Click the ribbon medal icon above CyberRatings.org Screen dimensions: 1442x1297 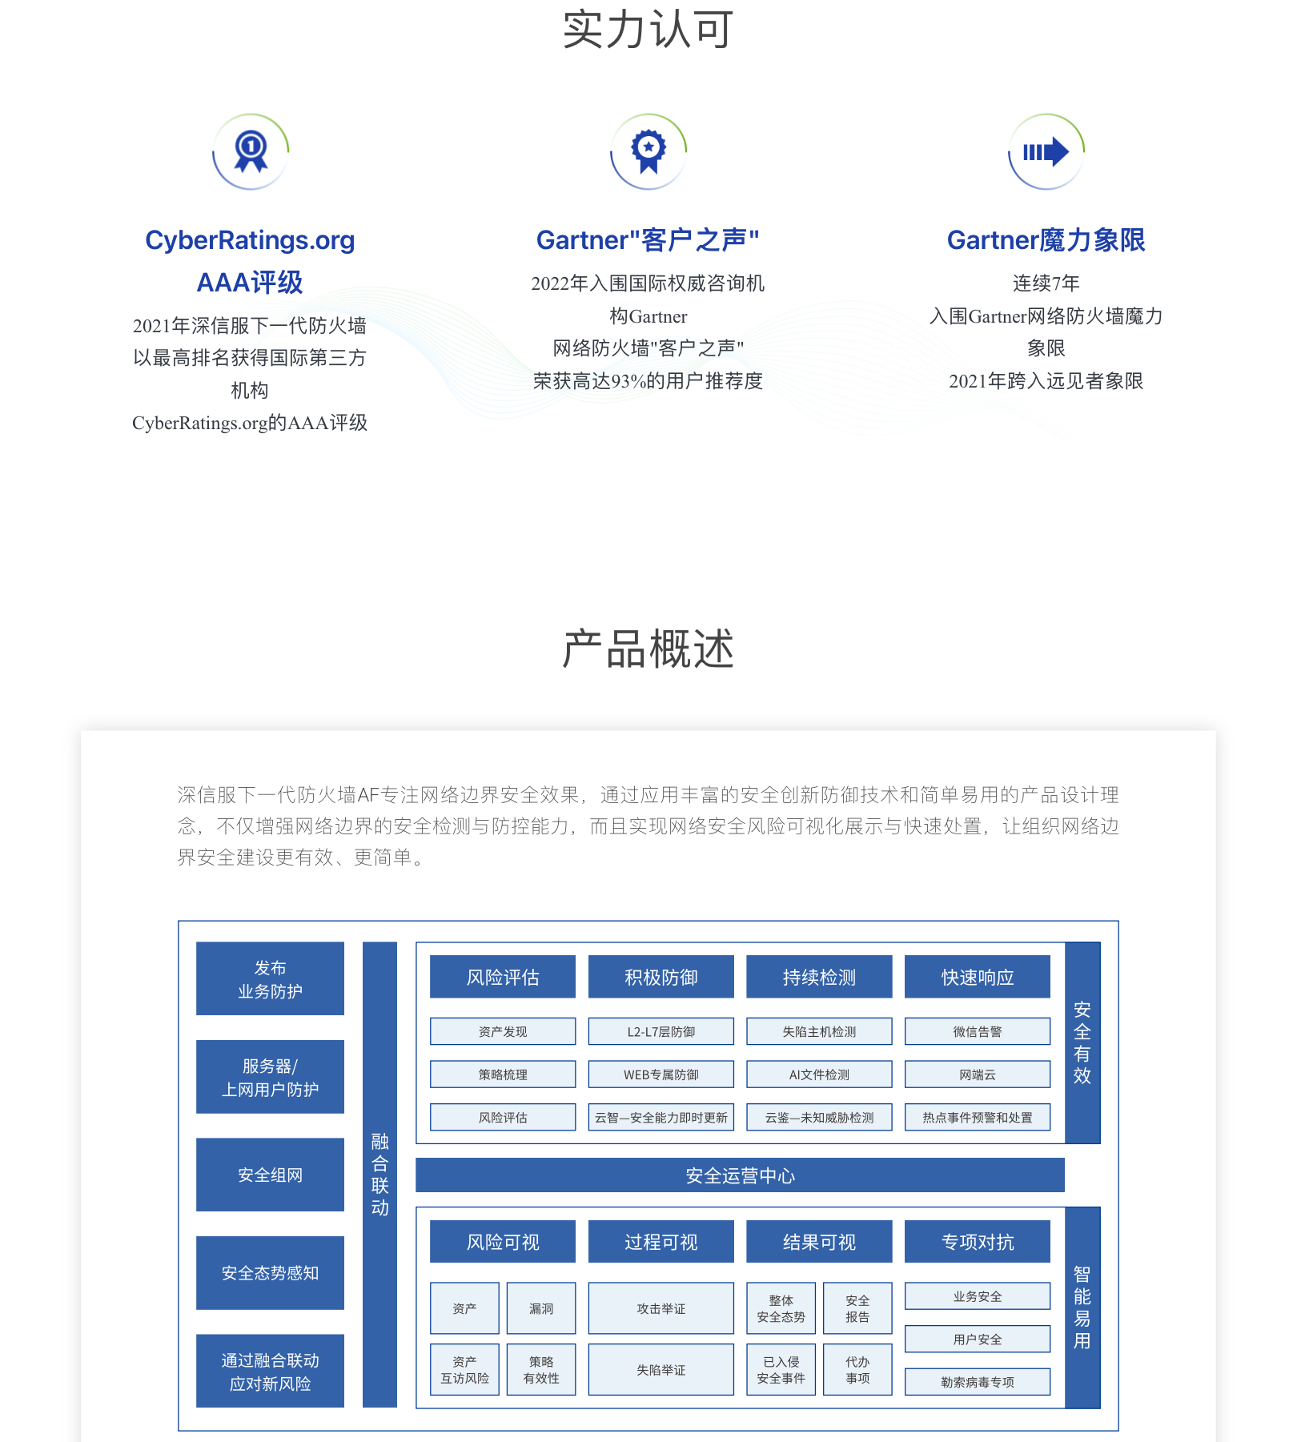(x=251, y=151)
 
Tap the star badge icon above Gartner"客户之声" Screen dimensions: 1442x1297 (x=648, y=151)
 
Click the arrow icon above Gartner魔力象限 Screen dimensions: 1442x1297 (x=1046, y=151)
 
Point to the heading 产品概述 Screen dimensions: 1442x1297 (x=648, y=649)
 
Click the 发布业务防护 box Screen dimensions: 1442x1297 (x=270, y=978)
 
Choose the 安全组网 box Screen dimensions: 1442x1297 (x=270, y=1175)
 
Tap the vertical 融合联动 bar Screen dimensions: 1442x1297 (x=379, y=1175)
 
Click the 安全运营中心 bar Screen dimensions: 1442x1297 (x=740, y=1175)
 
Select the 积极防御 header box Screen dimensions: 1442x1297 (x=661, y=977)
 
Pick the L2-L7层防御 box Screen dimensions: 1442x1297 (x=661, y=1031)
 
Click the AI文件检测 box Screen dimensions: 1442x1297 (x=819, y=1074)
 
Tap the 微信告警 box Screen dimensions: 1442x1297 (x=977, y=1031)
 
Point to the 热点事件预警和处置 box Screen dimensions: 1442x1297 (x=977, y=1117)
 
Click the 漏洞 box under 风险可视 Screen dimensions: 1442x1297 (x=541, y=1308)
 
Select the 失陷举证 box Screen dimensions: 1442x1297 (x=661, y=1370)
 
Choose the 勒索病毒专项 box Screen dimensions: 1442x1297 (x=977, y=1382)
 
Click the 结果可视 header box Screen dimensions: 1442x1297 (x=819, y=1242)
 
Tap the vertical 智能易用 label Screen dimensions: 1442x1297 (x=1082, y=1307)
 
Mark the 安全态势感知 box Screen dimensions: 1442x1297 (x=270, y=1273)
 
